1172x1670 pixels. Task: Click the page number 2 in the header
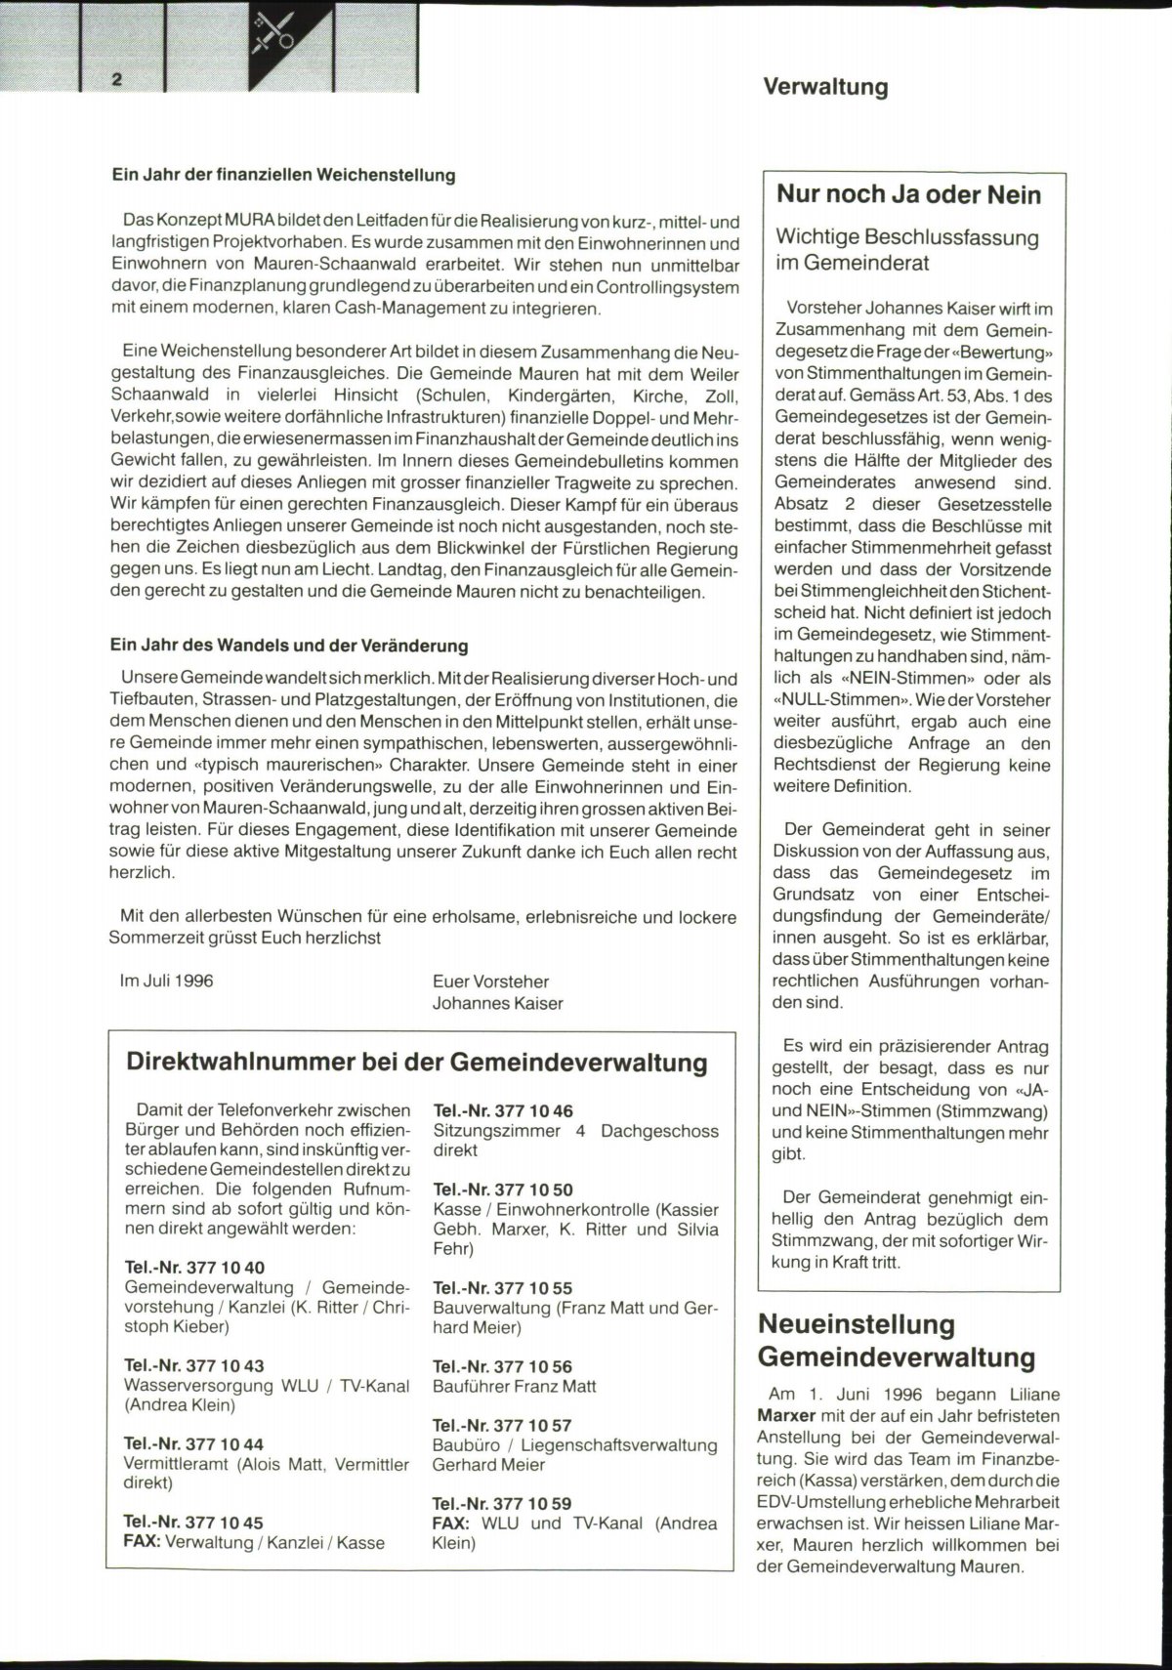tap(117, 80)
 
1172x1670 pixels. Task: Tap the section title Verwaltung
tap(825, 87)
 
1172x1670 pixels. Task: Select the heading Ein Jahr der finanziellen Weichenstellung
tap(283, 176)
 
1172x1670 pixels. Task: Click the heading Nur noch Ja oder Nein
tap(908, 194)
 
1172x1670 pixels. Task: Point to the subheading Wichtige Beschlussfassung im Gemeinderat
tap(906, 250)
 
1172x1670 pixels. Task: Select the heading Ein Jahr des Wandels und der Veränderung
tap(289, 646)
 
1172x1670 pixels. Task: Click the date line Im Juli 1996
tap(166, 981)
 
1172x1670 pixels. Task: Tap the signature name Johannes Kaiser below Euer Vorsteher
tap(497, 1003)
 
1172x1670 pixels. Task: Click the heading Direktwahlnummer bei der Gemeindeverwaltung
tap(417, 1063)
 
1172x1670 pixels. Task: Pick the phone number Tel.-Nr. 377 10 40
tap(194, 1268)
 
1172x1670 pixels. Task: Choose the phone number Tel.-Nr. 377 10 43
tap(193, 1365)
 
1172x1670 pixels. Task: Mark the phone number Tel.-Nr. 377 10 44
tap(193, 1443)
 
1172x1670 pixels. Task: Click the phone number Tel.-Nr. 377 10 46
tap(503, 1110)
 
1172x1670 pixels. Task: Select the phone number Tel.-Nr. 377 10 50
tap(503, 1190)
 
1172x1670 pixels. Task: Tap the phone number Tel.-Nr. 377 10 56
tap(502, 1366)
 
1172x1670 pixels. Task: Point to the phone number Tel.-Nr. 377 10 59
tap(502, 1503)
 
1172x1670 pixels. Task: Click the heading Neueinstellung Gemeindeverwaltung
tap(897, 1341)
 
